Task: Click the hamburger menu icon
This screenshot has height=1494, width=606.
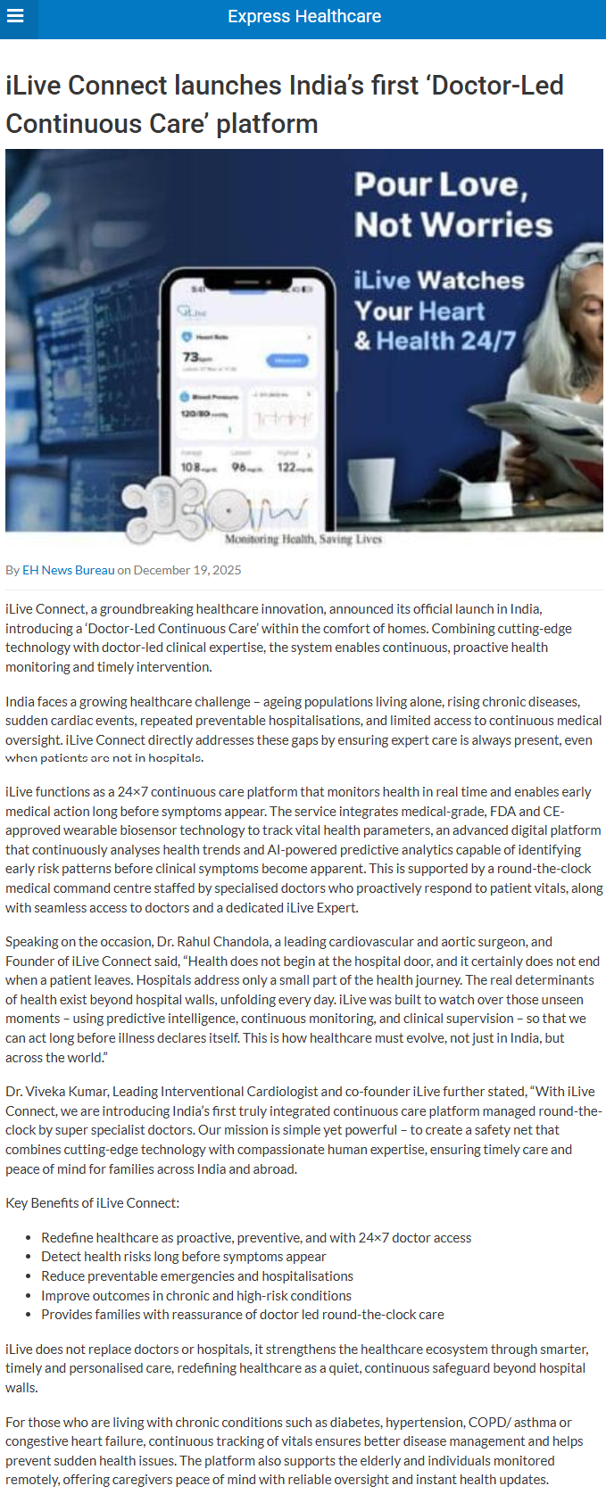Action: pos(14,17)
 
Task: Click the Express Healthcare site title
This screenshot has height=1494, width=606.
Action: pos(304,17)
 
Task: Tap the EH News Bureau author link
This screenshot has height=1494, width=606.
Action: pos(69,570)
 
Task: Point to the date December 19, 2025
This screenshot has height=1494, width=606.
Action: pos(187,570)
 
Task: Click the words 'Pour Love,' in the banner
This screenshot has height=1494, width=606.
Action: pos(441,185)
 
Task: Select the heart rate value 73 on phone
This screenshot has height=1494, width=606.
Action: pos(191,358)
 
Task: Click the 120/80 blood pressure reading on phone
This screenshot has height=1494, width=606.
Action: pos(195,414)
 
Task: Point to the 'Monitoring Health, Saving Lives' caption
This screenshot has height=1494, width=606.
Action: pos(303,539)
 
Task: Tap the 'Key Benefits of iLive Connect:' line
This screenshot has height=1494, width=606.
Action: pos(92,1203)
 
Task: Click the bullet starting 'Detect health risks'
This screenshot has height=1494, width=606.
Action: pos(183,1257)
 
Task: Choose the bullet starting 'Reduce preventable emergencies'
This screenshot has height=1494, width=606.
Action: pos(196,1276)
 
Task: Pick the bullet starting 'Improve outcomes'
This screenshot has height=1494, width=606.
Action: pos(195,1296)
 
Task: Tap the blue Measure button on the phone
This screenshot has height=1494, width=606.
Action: pos(287,360)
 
